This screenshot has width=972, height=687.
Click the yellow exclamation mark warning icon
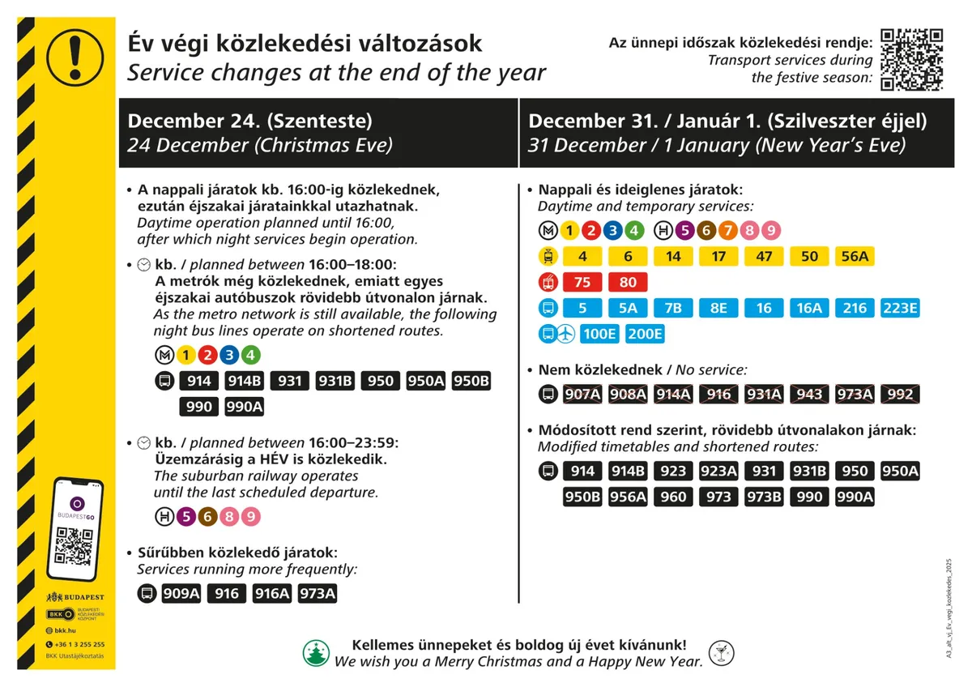(75, 53)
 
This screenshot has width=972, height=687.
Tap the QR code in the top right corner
(912, 58)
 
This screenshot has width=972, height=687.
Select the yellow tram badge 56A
(855, 257)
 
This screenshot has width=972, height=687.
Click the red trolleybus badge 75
(582, 283)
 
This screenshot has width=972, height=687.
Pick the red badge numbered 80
(628, 283)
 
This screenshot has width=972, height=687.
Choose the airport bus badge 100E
(599, 334)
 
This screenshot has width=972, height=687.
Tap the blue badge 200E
(645, 334)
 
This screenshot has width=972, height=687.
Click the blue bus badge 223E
(900, 309)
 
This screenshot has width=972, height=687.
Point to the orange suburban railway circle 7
(727, 231)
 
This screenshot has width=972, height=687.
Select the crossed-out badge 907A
(582, 395)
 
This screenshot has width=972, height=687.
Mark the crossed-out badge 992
(900, 395)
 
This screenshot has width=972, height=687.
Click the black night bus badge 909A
(181, 594)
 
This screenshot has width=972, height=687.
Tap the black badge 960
(673, 497)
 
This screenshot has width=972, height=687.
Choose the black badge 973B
(764, 497)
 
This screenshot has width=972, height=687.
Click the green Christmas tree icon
(316, 653)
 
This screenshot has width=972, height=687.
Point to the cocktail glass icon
(718, 653)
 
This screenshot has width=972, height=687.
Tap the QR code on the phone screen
(74, 546)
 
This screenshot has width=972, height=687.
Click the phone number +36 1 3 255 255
(79, 644)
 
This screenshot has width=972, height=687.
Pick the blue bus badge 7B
(673, 309)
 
